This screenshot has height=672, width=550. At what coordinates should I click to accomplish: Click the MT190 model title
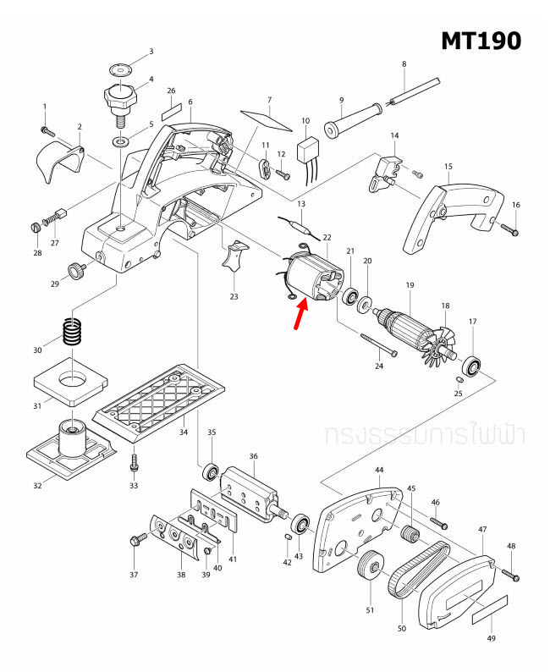coord(481,40)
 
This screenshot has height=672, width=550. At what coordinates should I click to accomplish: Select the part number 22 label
coord(327,239)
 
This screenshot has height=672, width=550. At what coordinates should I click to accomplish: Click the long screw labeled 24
coord(376,342)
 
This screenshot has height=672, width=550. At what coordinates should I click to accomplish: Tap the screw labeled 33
coord(133,464)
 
